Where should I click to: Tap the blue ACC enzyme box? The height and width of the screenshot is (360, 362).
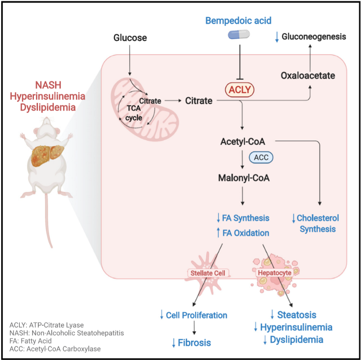pyautogui.click(x=261, y=157)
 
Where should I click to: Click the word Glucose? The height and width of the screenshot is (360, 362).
pyautogui.click(x=130, y=38)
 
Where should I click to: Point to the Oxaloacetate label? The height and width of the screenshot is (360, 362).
pyautogui.click(x=308, y=75)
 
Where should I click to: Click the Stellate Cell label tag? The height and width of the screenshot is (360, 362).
pyautogui.click(x=207, y=273)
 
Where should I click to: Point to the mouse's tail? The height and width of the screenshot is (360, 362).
pyautogui.click(x=49, y=228)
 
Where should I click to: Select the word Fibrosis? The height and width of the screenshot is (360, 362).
pyautogui.click(x=194, y=342)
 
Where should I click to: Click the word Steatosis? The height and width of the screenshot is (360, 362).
pyautogui.click(x=296, y=314)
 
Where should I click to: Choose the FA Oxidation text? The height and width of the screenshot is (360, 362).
pyautogui.click(x=246, y=233)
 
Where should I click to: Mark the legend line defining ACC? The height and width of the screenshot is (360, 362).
pyautogui.click(x=55, y=349)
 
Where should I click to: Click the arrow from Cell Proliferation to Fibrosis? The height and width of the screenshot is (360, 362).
pyautogui.click(x=195, y=327)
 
